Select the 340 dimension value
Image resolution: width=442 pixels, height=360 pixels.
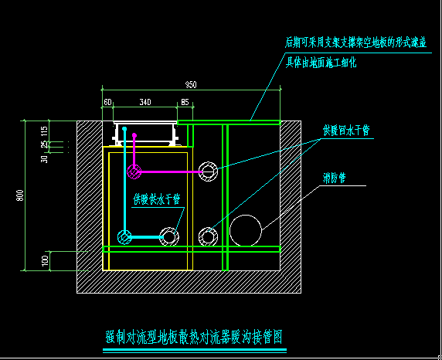click(x=144, y=101)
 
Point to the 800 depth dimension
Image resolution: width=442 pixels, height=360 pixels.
click(x=19, y=196)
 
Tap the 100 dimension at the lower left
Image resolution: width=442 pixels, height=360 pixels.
click(x=45, y=261)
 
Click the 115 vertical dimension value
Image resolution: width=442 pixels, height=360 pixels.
click(x=45, y=131)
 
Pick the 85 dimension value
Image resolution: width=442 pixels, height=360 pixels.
click(x=185, y=101)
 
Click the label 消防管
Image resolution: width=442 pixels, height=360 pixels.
click(x=334, y=178)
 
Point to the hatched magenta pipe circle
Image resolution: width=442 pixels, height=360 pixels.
click(x=134, y=171)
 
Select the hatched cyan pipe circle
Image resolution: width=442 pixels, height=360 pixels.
click(x=124, y=236)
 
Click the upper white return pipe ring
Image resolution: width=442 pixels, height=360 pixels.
click(x=208, y=171)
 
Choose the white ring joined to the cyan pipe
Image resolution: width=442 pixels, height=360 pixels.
click(x=169, y=236)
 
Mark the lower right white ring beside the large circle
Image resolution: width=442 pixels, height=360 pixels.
click(x=208, y=236)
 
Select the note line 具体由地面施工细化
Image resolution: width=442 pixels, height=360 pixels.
click(x=321, y=62)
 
